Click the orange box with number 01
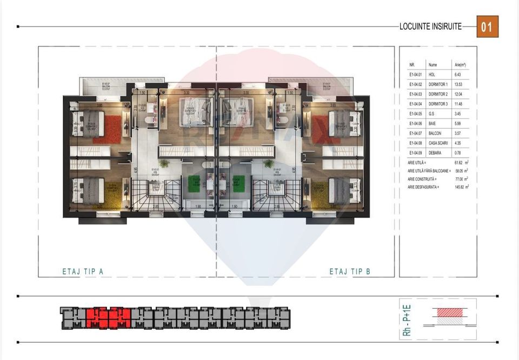(x=487, y=26)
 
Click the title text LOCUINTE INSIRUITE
(x=430, y=26)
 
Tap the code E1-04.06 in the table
(x=415, y=123)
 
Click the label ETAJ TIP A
(x=82, y=271)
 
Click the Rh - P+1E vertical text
(x=407, y=321)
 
